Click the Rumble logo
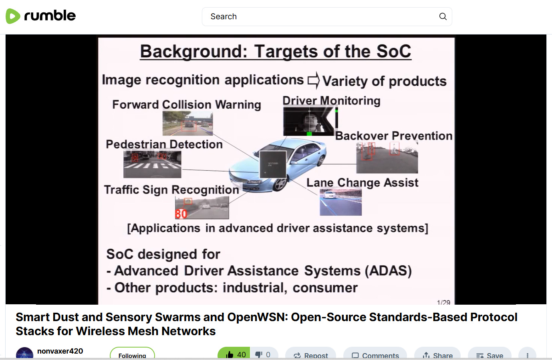40,16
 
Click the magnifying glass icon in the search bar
443,16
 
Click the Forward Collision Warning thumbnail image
187,123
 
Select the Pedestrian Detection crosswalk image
152,164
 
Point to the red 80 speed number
181,214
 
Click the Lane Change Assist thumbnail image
340,202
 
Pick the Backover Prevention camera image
387,158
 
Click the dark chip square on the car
273,164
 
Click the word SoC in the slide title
393,51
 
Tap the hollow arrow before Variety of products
314,80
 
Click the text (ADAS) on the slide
388,271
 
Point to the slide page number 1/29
443,302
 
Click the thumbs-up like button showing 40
234,354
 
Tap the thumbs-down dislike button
264,354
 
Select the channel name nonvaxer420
60,351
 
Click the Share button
437,355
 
